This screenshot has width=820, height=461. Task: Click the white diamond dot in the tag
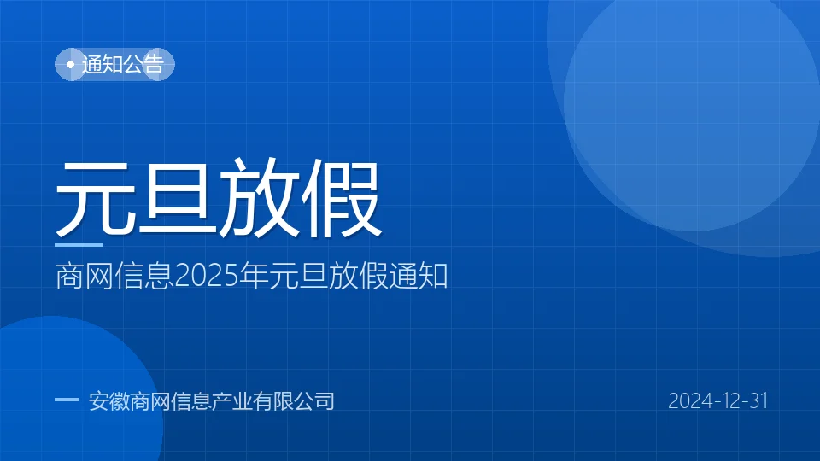[71, 64]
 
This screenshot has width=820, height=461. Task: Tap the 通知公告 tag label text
[123, 64]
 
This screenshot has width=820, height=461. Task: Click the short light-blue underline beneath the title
[79, 245]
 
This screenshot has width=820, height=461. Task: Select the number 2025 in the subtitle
[206, 276]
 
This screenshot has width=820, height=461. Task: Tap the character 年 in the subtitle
[253, 276]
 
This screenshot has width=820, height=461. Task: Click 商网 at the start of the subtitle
[85, 276]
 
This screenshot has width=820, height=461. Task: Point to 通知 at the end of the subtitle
[419, 276]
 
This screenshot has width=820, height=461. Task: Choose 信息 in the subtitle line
[144, 276]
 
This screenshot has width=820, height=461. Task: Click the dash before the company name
[67, 400]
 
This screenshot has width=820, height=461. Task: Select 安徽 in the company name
[108, 401]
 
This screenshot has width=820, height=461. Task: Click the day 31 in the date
[758, 401]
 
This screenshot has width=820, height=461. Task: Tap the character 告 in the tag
[154, 64]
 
